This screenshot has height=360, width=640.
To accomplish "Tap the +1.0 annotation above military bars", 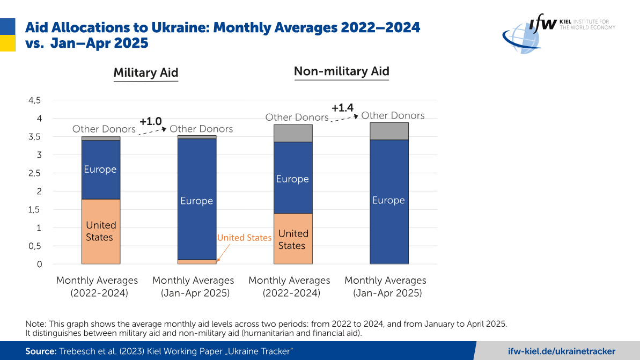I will [151, 122].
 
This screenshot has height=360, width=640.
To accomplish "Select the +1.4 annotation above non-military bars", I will [343, 108].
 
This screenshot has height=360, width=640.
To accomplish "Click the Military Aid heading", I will [145, 73].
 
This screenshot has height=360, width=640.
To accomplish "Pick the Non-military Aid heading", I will [341, 71].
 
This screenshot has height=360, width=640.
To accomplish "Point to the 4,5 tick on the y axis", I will [34, 100].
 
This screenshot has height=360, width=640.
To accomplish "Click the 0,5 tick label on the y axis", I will [34, 246].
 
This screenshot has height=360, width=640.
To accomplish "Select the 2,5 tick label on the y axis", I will [34, 173].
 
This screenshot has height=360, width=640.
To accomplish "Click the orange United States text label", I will [244, 238].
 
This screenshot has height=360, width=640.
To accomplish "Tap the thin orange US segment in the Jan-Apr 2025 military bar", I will [197, 262].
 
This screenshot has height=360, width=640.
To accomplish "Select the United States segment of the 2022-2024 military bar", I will [101, 231].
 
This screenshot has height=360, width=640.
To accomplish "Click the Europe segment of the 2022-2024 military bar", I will [101, 170].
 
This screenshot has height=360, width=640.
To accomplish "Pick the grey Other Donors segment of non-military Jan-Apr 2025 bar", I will [389, 131].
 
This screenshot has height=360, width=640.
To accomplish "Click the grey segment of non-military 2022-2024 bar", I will [293, 133].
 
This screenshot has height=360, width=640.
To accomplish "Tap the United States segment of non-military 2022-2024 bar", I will [293, 239].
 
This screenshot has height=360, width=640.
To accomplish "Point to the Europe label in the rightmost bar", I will [388, 200].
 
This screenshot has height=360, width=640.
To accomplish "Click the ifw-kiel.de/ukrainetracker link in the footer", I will [562, 351].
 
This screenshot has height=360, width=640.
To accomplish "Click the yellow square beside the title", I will [8, 42].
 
